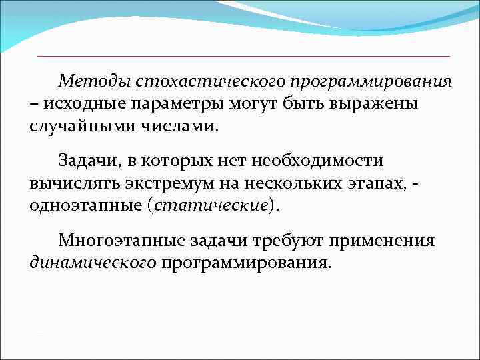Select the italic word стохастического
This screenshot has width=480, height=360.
[209, 81]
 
